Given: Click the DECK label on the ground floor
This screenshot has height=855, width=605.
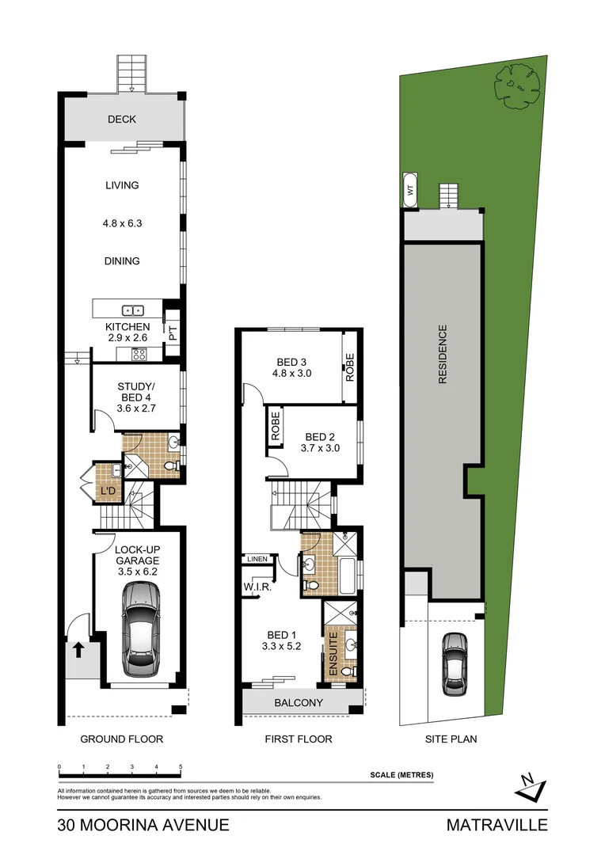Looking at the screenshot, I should click(x=122, y=120).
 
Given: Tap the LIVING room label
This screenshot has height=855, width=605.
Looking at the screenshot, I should click(x=122, y=185).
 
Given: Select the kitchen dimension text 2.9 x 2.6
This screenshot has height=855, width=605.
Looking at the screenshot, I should click(x=127, y=338).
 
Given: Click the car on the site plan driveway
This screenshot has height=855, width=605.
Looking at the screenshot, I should click(x=455, y=661).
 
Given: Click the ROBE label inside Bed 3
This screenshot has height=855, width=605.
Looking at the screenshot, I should click(x=348, y=367).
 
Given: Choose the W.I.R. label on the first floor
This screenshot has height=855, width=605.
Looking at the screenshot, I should click(x=257, y=587).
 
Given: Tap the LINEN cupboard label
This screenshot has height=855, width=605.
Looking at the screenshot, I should click(x=257, y=559).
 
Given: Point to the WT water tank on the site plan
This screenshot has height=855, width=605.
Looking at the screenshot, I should click(x=410, y=190).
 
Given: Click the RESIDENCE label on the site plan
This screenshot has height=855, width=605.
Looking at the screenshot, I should click(x=443, y=354).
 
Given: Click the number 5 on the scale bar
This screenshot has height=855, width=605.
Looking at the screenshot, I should click(x=181, y=768).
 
